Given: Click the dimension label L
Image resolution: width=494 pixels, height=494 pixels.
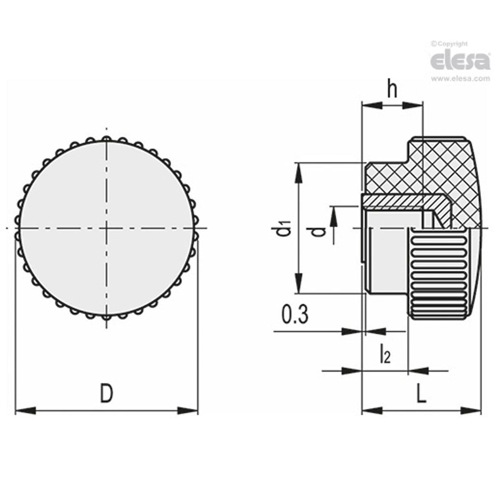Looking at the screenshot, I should pos(422,394).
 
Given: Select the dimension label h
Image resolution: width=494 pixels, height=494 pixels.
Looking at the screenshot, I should pos(392,91).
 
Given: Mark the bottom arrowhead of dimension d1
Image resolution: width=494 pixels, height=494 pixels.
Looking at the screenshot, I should pos(299,284).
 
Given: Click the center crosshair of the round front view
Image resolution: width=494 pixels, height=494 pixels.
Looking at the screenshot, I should pos(107,228).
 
